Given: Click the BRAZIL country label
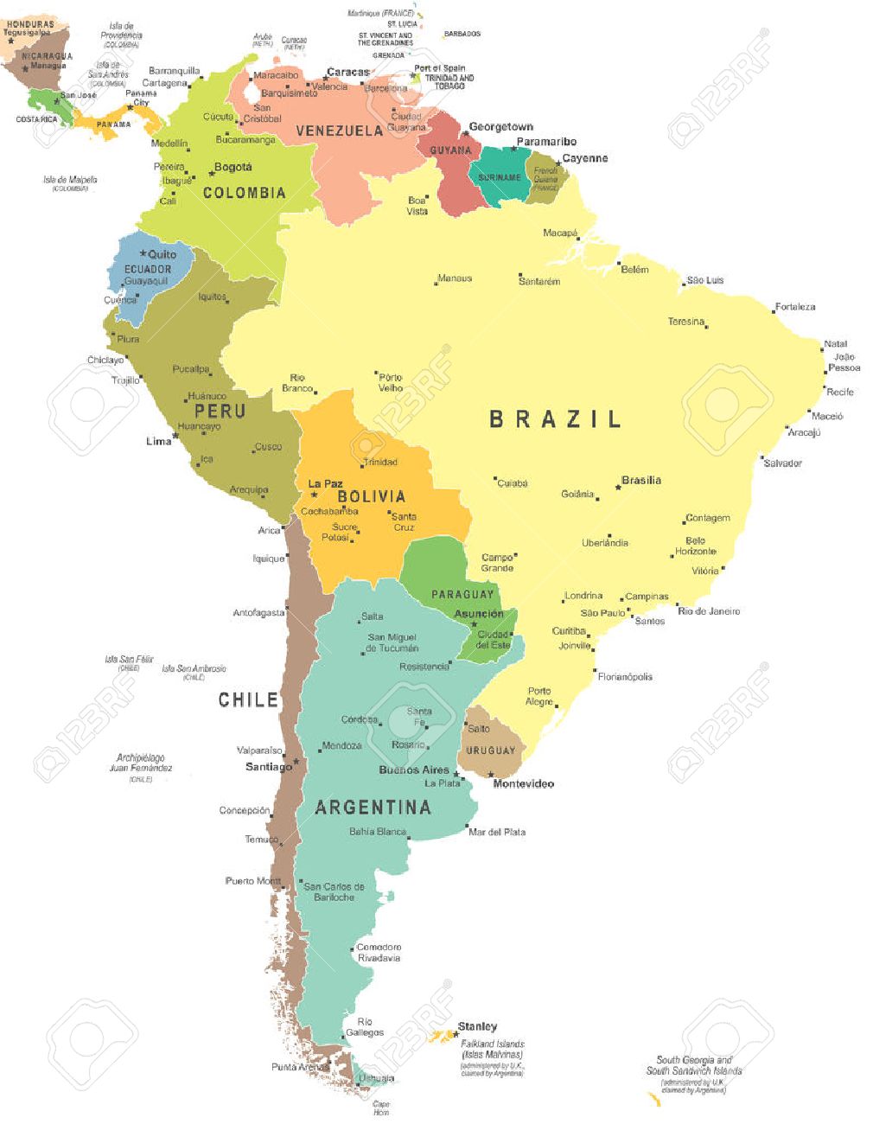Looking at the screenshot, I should coord(555,419).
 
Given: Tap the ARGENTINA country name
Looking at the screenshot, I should coord(373,808).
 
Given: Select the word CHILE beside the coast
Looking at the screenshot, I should coord(248,699).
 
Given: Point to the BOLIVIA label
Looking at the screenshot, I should coord(371,496).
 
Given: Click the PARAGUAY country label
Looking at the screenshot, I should coord(462,594).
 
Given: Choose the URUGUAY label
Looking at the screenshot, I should coord(490,750).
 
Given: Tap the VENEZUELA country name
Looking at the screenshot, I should coord(339,131).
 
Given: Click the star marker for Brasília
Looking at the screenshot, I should coord(618,487).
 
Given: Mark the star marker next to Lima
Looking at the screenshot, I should coord(175,437).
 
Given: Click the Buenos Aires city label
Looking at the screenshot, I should coord(414,770).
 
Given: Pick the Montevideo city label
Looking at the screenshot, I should coord(523,783).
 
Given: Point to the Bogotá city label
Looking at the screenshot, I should coord(233,167).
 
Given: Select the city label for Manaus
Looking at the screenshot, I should coord(455,278).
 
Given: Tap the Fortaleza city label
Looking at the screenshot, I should coord(794,307).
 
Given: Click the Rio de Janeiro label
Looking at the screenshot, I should coord(709,611).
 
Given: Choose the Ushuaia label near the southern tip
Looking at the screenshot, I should coord(376,1077).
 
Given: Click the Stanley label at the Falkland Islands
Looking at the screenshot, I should coord(477,1026).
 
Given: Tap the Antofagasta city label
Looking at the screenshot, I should coord(258,613).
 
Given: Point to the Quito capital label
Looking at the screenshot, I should coord(162,254).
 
